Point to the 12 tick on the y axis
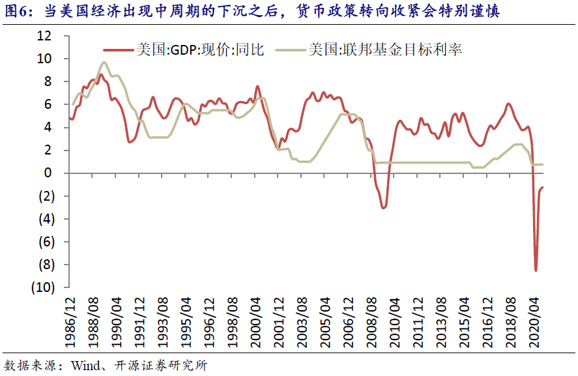click(x=44, y=36)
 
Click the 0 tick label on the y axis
click(x=48, y=173)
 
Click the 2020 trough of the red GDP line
click(x=536, y=270)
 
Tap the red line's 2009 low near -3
click(x=384, y=207)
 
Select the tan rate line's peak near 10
click(x=104, y=63)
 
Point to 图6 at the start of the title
click(x=16, y=11)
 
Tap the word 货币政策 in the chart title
click(x=336, y=11)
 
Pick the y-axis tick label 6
click(x=48, y=104)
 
